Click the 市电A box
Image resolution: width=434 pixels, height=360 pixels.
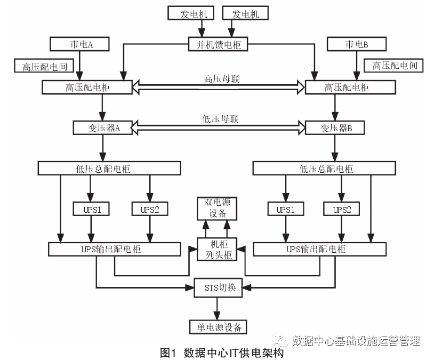79,44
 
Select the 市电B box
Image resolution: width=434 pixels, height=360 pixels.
357,44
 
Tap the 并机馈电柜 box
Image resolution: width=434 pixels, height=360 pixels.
218,44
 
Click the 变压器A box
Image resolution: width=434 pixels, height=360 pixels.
103,127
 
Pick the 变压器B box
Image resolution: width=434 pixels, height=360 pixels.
335,127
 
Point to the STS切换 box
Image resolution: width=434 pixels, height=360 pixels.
219,288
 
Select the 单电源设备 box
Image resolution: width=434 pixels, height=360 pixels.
218,327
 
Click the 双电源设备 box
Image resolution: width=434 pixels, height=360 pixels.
217,209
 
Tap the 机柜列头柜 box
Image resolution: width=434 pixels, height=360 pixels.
217,249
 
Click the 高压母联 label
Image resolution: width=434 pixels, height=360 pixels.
222,79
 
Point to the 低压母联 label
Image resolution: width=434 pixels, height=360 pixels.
221,119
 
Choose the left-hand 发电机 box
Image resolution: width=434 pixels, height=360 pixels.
191,13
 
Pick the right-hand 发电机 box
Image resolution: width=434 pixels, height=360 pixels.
245,13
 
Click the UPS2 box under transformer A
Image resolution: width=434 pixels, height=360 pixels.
150,209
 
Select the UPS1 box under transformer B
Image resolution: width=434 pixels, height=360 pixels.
286,209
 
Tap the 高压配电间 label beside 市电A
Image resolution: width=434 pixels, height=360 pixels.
44,66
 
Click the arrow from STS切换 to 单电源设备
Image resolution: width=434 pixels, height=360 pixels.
217,309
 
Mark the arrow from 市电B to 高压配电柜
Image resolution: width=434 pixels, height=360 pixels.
357,66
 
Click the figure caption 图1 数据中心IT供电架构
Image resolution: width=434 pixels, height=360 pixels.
222,353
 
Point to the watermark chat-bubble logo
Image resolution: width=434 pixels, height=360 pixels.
280,340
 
